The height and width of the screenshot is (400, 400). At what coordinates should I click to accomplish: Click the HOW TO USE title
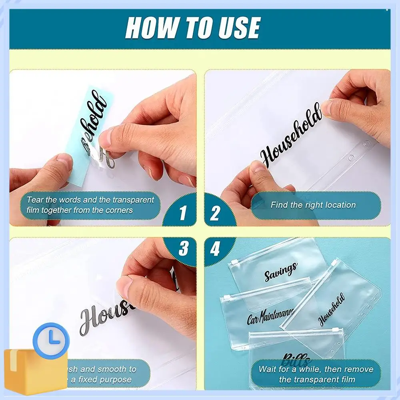[x=192, y=28]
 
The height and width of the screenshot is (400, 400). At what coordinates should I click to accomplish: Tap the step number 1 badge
[x=182, y=212]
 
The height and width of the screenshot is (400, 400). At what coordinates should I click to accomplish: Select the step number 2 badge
[x=215, y=212]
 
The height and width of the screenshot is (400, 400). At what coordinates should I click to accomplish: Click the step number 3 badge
[x=183, y=249]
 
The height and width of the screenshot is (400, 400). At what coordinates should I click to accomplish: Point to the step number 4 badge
[x=215, y=250]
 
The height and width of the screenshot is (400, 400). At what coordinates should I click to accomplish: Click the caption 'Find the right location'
[x=313, y=205]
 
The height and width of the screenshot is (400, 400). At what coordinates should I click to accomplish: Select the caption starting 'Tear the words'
[x=90, y=204]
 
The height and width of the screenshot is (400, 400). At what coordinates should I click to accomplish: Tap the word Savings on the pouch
[x=281, y=271]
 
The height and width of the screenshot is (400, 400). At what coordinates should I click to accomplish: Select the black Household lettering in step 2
[x=291, y=135]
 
